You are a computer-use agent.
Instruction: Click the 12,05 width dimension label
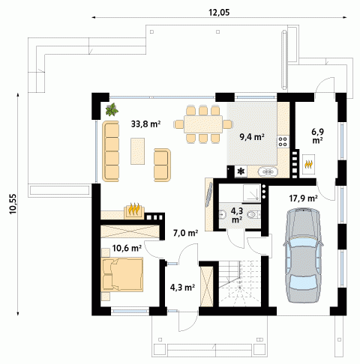pyautogui.click(x=219, y=12)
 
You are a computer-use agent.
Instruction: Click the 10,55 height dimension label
pyautogui.click(x=13, y=204)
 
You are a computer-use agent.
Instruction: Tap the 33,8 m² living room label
pyautogui.click(x=145, y=124)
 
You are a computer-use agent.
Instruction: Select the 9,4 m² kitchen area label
pyautogui.click(x=252, y=136)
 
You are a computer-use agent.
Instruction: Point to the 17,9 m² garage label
pyautogui.click(x=304, y=198)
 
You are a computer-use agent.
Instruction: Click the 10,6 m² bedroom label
pyautogui.click(x=127, y=248)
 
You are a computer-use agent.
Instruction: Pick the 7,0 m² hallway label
pyautogui.click(x=186, y=233)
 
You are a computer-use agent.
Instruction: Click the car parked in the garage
pyautogui.click(x=303, y=255)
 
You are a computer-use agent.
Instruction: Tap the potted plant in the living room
pyautogui.click(x=112, y=109)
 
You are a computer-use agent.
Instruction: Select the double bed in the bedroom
pyautogui.click(x=122, y=274)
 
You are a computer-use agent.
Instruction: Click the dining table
pyautogui.click(x=203, y=124)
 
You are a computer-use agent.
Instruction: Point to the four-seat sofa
pyautogui.click(x=110, y=151)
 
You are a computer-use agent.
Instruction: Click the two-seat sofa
pyautogui.click(x=162, y=165)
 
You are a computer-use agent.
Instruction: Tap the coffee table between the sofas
pyautogui.click(x=137, y=151)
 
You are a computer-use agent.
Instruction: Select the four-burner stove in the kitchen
pyautogui.click(x=283, y=141)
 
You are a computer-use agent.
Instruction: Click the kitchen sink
pyautogui.click(x=268, y=172)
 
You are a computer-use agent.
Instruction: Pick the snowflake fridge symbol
pyautogui.click(x=241, y=172)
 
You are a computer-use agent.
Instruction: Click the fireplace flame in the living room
pyautogui.click(x=135, y=210)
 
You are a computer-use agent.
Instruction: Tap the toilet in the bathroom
pyautogui.click(x=253, y=214)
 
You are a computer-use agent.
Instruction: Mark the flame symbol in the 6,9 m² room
pyautogui.click(x=309, y=165)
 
